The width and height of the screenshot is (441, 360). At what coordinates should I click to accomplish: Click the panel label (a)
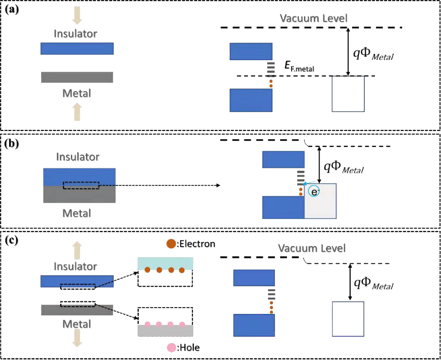(x=12, y=8)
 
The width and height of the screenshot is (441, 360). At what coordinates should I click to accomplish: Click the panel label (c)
(x=12, y=240)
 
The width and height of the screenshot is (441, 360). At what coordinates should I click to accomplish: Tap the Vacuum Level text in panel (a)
(x=314, y=19)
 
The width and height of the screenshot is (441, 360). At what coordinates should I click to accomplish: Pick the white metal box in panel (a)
(x=348, y=94)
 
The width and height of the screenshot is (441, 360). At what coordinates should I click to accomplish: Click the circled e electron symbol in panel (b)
(x=314, y=192)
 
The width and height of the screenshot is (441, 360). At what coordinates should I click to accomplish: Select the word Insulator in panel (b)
(x=78, y=157)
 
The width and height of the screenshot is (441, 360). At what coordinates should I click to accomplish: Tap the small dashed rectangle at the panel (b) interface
(x=81, y=186)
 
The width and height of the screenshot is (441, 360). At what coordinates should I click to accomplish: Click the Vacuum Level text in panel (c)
(x=312, y=248)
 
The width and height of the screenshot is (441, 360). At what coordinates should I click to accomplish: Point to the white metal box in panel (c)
(x=348, y=319)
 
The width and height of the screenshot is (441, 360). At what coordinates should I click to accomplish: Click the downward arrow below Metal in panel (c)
(x=77, y=338)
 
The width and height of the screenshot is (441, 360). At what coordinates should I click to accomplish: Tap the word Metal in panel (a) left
(x=77, y=92)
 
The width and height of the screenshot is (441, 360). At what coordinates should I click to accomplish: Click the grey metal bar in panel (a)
(x=77, y=77)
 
